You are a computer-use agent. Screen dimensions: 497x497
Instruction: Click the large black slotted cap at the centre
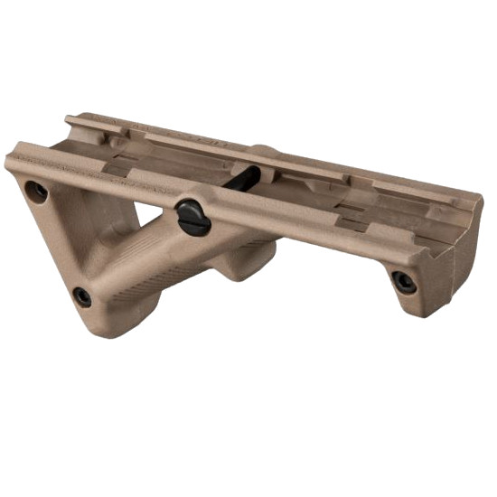(x=193, y=217)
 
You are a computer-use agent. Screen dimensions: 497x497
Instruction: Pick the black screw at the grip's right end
(x=404, y=281)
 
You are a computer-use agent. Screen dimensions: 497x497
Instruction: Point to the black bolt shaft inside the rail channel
(x=241, y=178)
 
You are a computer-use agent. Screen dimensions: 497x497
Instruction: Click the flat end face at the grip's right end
(x=465, y=253)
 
